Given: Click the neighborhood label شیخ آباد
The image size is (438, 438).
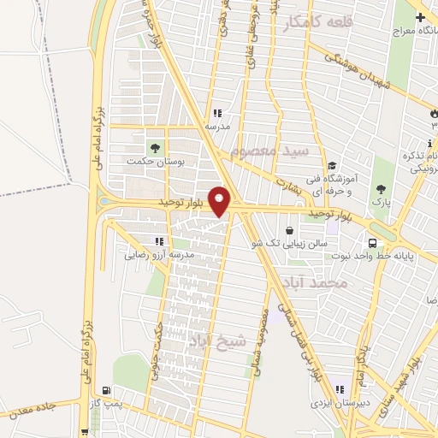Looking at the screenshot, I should tap(216, 340).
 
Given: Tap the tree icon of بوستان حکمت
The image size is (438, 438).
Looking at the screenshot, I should tap(155, 148).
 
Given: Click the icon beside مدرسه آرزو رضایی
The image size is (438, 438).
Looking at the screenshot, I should tap(159, 241).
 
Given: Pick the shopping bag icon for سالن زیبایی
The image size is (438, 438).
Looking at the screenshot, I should tap(290, 230).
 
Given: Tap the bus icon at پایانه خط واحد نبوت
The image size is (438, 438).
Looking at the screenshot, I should tap(373, 242).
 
